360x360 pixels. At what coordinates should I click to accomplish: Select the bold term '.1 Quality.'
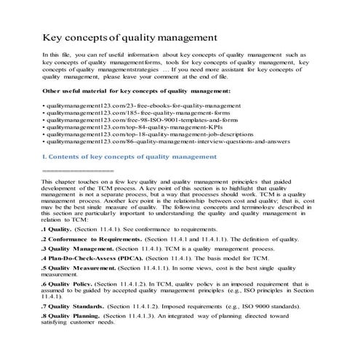(x=60, y=229)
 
